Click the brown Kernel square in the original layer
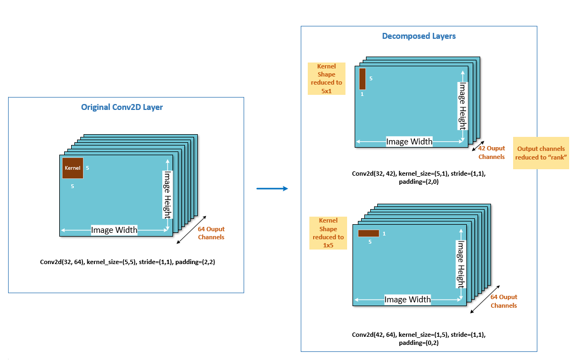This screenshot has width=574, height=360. coord(72,168)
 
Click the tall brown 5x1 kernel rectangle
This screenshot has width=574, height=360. coord(362,79)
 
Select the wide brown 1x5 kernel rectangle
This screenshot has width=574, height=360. coord(369,233)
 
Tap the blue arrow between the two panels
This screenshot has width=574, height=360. coord(272,189)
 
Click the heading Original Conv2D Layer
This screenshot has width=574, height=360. coord(122,107)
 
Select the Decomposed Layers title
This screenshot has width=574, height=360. coord(419,36)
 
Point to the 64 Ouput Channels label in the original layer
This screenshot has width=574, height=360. coord(211,233)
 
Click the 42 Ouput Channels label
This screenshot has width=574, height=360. coord(492,153)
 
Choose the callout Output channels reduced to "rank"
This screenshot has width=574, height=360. coord(541,153)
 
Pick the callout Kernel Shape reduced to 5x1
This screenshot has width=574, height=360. coord(327,79)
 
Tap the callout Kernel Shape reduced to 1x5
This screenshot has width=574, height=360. coord(328,233)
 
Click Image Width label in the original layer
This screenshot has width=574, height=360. coord(114,230)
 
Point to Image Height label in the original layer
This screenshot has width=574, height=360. coord(168,195)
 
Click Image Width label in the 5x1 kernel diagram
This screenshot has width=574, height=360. coord(410,142)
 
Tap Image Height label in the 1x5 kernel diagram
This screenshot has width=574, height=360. coord(461,265)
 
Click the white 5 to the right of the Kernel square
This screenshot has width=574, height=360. coord(87,168)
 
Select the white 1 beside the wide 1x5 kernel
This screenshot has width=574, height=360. coord(384,233)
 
